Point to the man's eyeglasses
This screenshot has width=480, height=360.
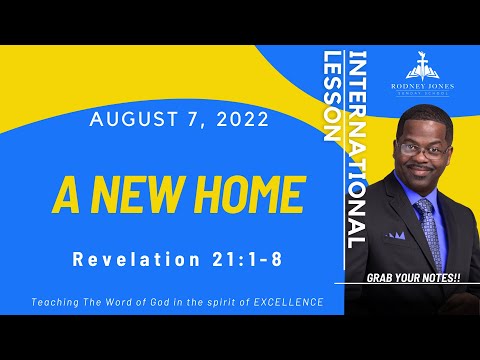click(x=419, y=147)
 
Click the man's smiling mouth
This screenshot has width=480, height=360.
click(x=420, y=172)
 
